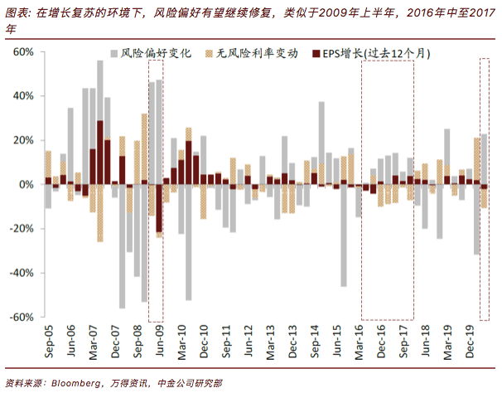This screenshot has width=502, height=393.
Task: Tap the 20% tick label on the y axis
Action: (22, 140)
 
